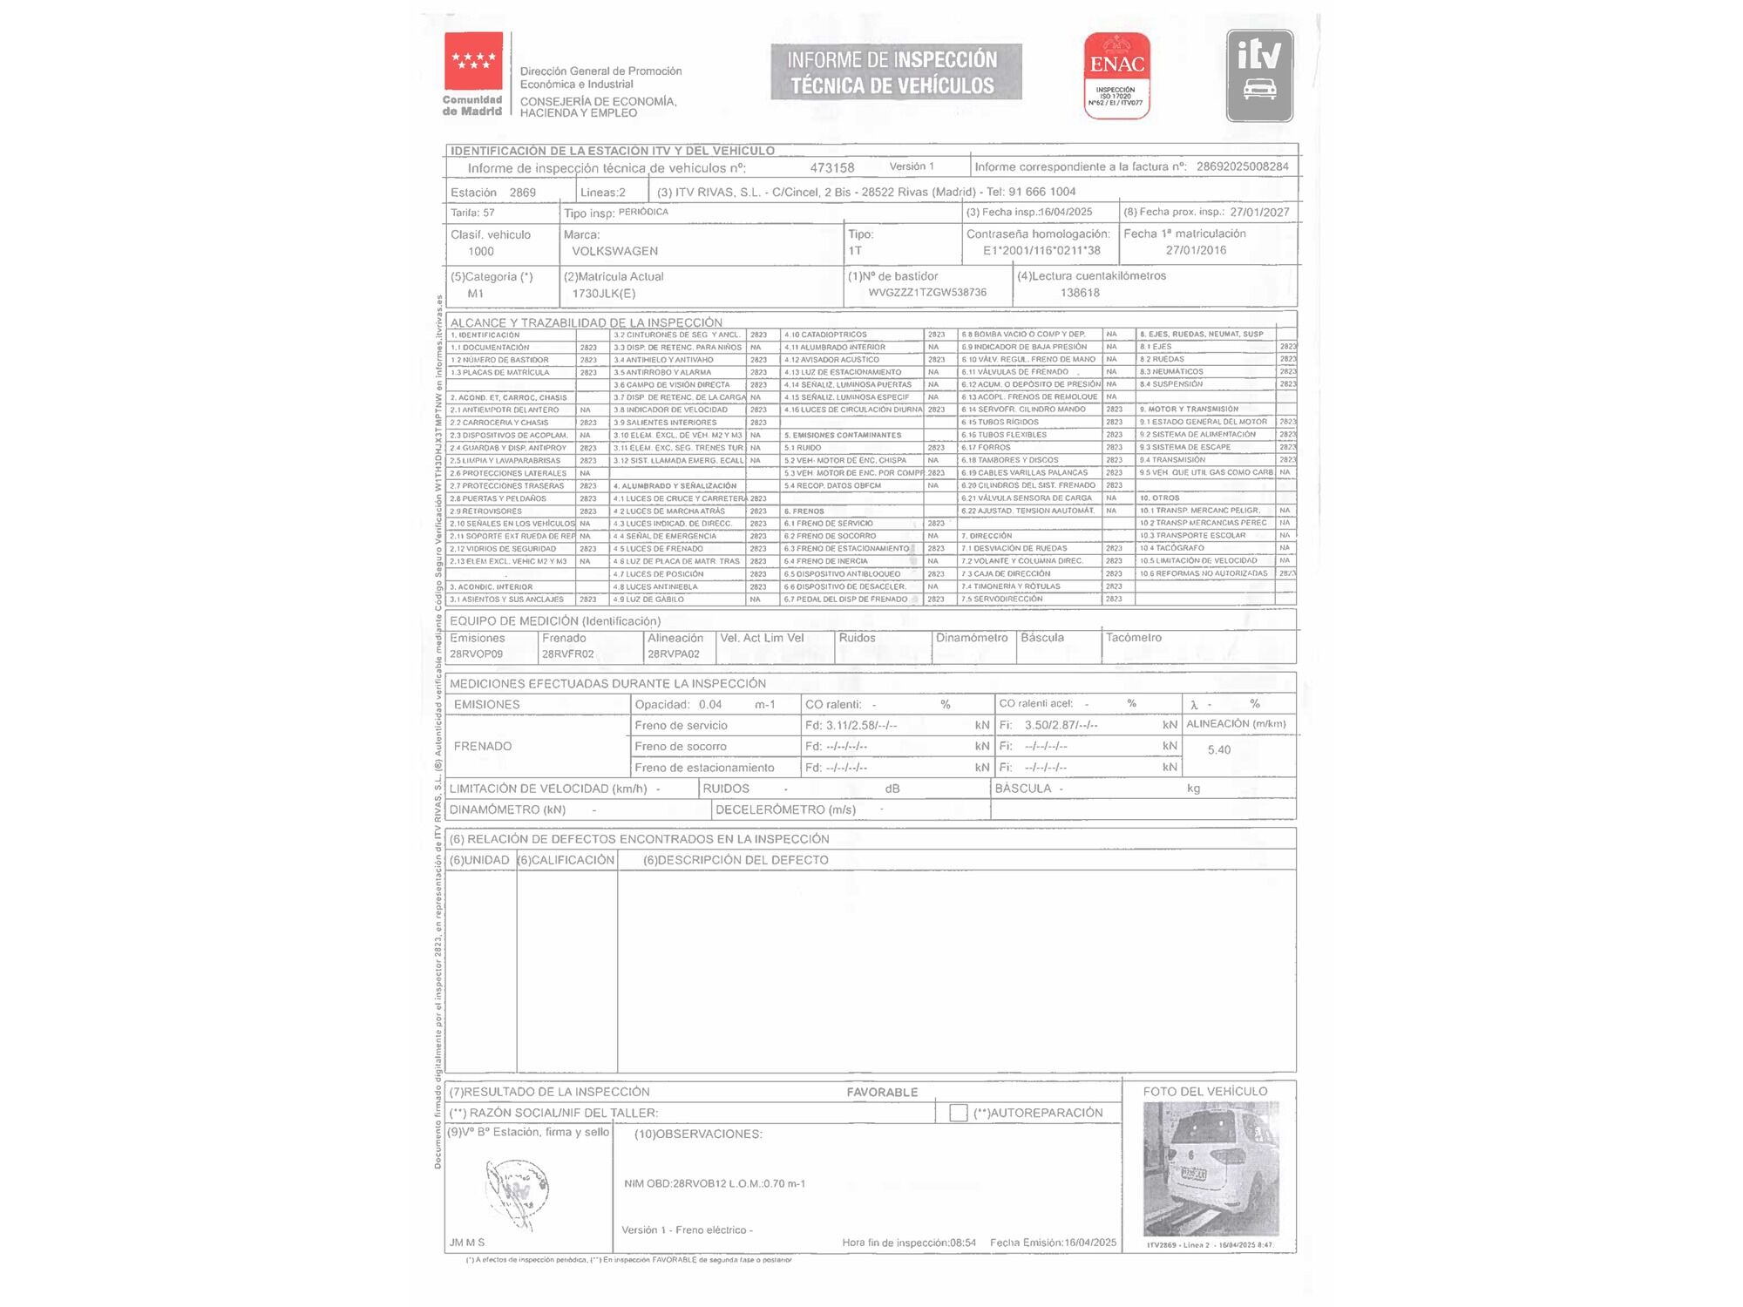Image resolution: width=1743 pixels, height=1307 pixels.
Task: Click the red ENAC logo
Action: click(1116, 75)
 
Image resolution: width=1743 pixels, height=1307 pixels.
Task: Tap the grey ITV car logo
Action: click(1259, 75)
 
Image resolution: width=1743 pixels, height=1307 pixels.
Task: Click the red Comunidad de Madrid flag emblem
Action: click(473, 61)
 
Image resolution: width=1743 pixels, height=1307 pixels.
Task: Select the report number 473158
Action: click(831, 167)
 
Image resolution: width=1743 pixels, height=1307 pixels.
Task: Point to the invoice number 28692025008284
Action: click(1242, 166)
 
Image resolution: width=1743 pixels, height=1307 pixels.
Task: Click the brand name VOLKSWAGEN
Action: click(614, 251)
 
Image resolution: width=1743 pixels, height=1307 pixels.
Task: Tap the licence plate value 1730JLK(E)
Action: click(604, 294)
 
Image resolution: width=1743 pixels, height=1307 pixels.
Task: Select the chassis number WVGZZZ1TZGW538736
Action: click(927, 293)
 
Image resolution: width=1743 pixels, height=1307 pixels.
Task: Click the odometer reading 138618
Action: click(1080, 293)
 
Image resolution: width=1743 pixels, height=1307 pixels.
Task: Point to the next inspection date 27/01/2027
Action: click(1259, 212)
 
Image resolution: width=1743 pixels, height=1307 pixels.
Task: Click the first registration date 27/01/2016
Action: click(1196, 250)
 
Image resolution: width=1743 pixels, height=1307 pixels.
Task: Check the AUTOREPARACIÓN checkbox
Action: click(958, 1113)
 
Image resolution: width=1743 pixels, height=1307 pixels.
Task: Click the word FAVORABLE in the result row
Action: click(882, 1092)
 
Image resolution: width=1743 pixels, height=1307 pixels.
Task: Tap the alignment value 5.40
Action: click(1218, 749)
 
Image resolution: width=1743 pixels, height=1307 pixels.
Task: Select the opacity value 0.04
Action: click(709, 704)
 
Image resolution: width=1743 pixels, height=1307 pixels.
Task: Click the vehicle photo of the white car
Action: click(1211, 1168)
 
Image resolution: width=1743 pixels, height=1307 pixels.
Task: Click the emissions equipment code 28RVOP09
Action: click(476, 653)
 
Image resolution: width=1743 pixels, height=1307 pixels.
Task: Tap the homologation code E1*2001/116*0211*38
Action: click(1041, 251)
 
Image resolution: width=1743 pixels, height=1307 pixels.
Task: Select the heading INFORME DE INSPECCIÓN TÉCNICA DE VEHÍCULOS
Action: click(895, 72)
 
